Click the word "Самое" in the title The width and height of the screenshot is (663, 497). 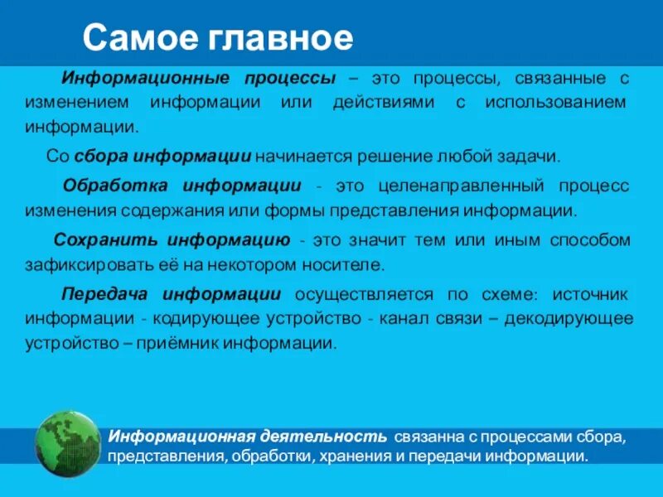click(136, 37)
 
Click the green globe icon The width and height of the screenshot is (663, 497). click(68, 445)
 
